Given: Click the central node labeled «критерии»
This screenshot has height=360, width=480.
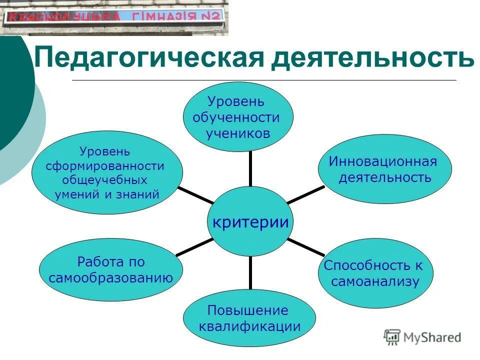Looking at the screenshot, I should [x=250, y=221].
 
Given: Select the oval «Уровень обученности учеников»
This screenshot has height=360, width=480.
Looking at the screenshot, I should [x=236, y=117].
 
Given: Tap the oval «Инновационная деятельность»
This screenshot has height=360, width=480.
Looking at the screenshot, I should [x=384, y=169].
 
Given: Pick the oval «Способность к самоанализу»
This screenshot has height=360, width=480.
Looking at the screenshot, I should [x=375, y=273].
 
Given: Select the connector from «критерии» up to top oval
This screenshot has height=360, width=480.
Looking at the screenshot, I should [x=250, y=169].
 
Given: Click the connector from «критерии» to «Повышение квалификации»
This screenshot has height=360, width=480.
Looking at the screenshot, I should [x=250, y=272].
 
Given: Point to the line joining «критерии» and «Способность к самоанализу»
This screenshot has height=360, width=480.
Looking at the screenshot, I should [x=306, y=246].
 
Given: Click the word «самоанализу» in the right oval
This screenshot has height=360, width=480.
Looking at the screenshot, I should [x=375, y=281].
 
